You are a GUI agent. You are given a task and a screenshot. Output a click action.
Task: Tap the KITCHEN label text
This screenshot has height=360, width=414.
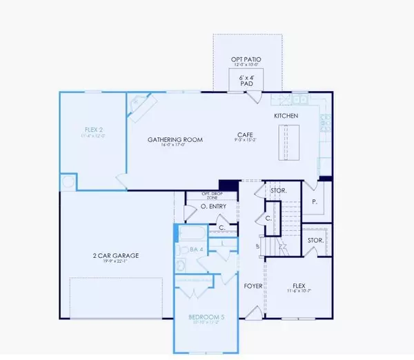coord(286,116)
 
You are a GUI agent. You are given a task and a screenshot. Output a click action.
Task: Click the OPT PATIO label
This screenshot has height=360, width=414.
coord(246,61)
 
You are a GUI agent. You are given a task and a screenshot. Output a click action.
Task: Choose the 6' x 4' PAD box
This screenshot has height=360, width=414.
coord(246,81)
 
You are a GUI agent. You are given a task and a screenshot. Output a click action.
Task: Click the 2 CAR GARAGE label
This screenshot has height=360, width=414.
coord(116,255)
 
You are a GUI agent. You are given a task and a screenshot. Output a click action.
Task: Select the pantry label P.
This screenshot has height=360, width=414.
coord(315,203)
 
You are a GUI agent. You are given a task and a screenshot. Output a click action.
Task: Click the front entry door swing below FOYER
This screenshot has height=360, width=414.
coord(255,313)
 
